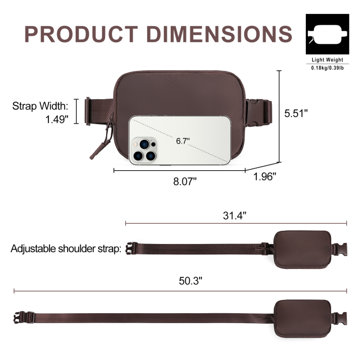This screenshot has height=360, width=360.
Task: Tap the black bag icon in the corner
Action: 327,34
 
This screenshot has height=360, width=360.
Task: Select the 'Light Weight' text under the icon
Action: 327,60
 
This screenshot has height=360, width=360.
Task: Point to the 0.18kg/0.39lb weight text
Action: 327,69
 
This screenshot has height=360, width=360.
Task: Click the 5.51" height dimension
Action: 296,114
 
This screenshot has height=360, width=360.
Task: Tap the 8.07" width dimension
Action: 185,180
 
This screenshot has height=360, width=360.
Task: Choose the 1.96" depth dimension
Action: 265,177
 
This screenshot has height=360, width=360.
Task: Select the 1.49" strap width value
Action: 57,119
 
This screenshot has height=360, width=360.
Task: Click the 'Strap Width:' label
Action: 40,106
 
